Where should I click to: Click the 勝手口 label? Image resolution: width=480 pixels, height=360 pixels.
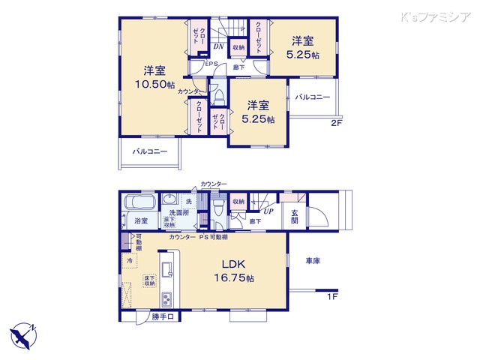point(163,317)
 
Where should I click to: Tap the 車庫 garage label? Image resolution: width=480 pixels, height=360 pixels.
point(314,261)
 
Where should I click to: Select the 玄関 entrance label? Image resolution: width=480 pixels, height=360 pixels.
point(295,217)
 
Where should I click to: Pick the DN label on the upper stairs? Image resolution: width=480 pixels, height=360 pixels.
point(217,46)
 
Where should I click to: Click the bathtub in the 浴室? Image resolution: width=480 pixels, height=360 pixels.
point(139,204)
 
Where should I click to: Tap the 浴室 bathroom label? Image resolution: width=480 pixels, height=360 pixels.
point(140,220)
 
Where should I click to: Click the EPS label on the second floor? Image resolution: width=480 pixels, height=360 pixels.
point(212,64)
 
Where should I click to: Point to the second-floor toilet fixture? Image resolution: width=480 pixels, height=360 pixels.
point(218,100)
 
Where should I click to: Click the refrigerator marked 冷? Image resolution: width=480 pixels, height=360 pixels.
point(129,260)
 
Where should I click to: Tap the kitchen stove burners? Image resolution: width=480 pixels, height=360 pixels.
point(165,299)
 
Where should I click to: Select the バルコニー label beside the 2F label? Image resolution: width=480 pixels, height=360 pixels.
point(311,97)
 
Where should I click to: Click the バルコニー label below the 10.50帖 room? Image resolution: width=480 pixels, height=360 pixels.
point(150,151)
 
